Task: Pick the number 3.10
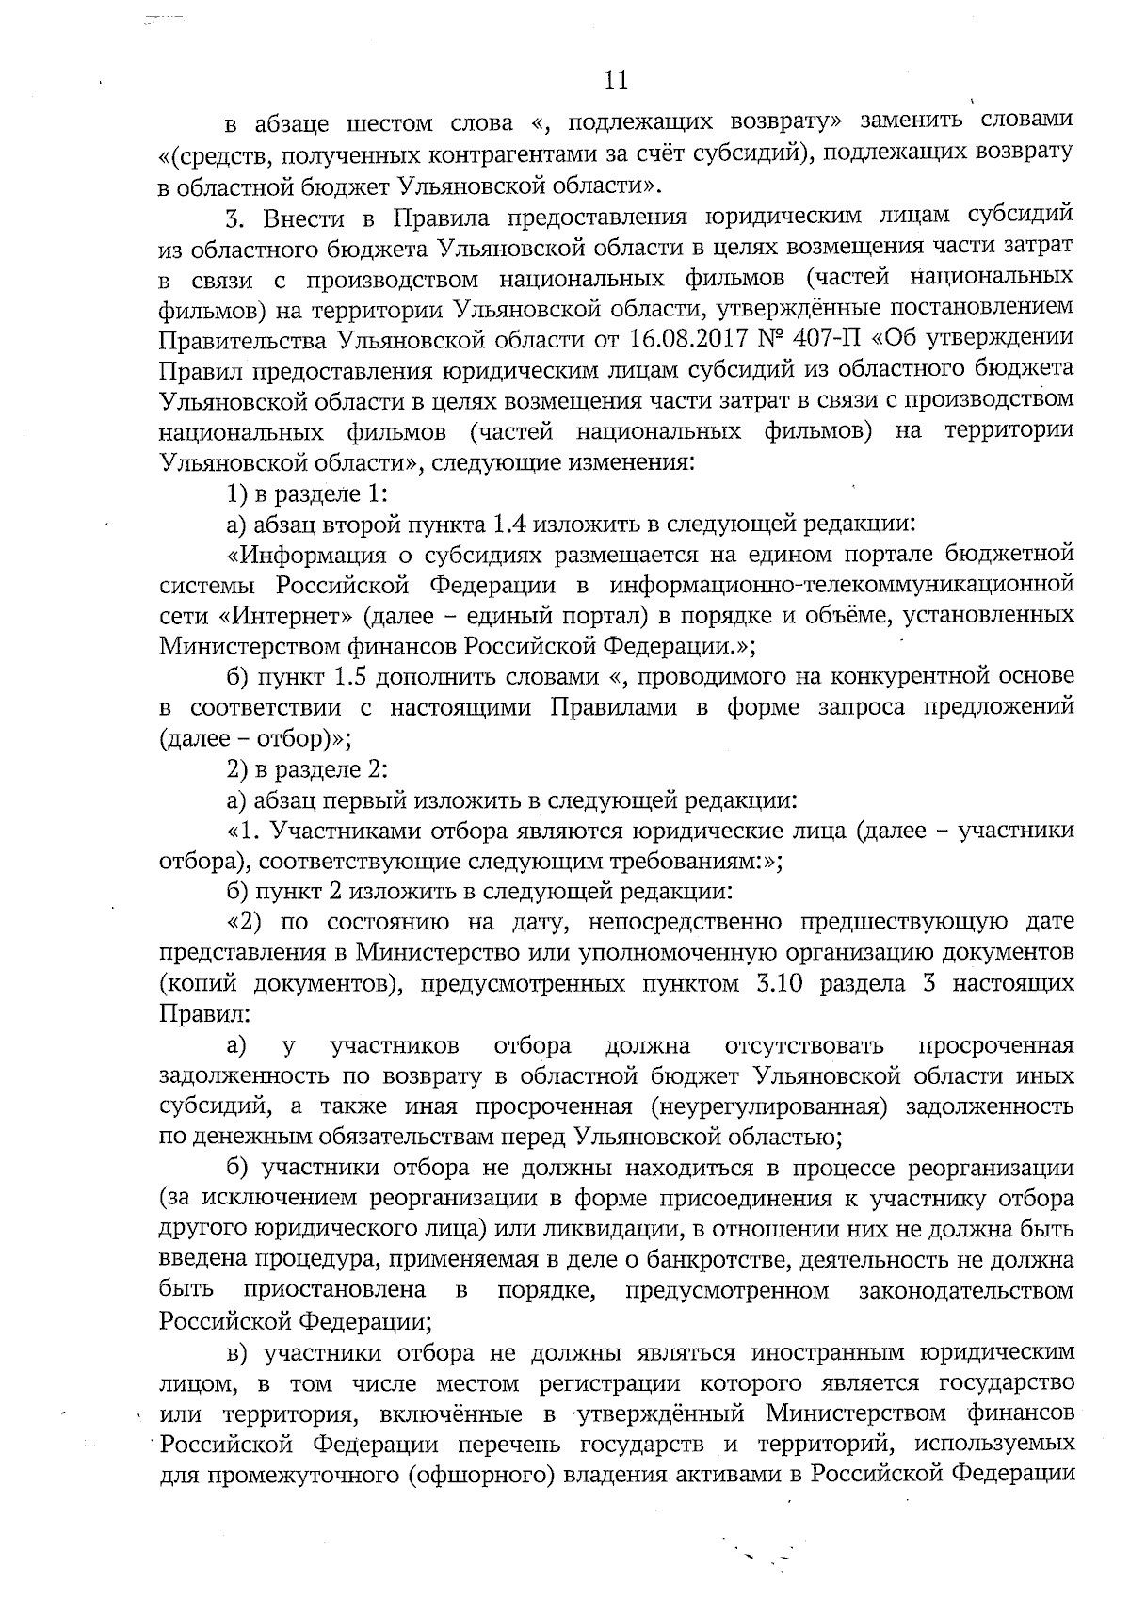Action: pos(775,984)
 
